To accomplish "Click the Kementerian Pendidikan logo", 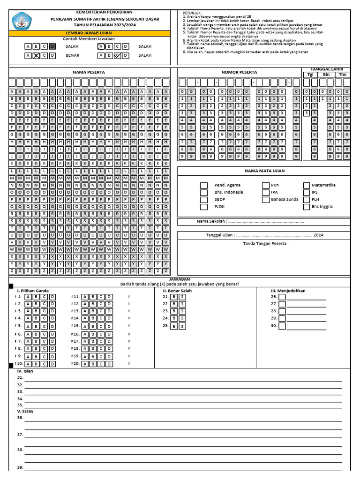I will coord(21,21).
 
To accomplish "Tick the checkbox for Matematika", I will coord(307,185).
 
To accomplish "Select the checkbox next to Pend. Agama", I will coord(204,185).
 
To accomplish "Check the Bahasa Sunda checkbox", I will coord(266,199).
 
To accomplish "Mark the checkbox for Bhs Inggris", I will coord(307,206).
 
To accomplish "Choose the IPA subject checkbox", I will coord(266,192).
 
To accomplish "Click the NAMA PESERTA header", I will coord(89,72).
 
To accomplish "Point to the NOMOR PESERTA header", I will coord(239,72).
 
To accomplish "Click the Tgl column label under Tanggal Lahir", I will coord(310,75).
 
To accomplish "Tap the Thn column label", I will coord(342,75).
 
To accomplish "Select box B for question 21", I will coord(173,297).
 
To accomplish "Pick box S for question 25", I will coord(182,326).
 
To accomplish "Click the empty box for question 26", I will coord(282,297).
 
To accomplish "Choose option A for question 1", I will coord(28,297).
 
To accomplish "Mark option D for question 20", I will coord(109,364).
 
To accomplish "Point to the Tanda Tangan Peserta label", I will coord(264,243).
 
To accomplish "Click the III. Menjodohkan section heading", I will coord(288,291).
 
